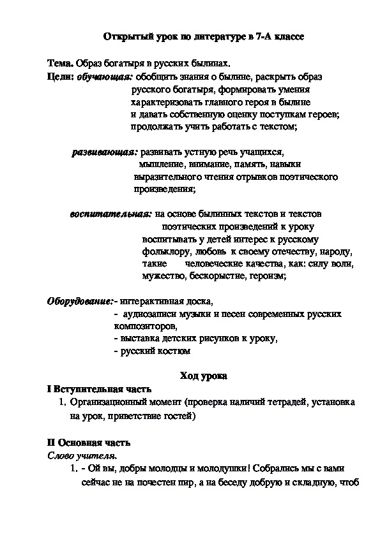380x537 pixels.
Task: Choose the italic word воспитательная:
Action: coord(111,214)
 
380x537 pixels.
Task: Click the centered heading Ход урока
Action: coord(204,376)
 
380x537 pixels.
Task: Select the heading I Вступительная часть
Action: coord(100,389)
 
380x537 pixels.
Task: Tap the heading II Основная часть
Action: coord(89,442)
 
